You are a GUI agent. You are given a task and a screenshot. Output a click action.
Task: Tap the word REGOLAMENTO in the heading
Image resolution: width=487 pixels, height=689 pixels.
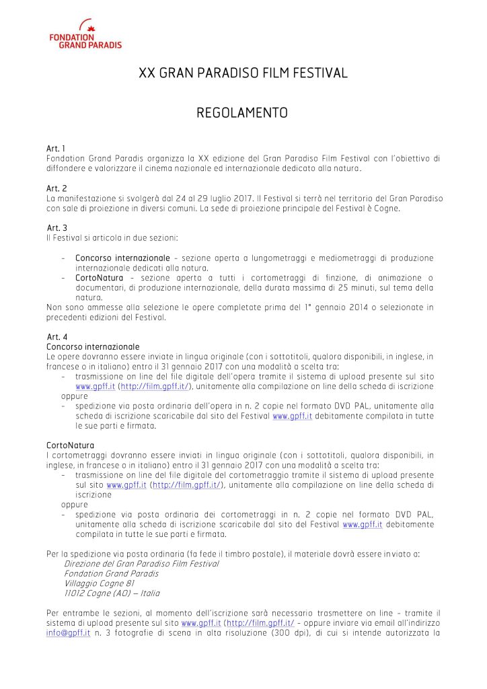coord(242,113)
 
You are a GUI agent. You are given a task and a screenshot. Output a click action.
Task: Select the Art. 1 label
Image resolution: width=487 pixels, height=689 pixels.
coord(56,148)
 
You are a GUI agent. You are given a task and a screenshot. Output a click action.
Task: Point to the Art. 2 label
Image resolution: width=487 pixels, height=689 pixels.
coord(56,190)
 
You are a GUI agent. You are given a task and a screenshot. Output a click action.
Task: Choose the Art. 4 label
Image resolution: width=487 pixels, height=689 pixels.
coord(57,336)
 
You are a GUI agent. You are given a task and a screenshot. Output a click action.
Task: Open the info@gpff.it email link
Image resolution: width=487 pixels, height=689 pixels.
coord(68,633)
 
